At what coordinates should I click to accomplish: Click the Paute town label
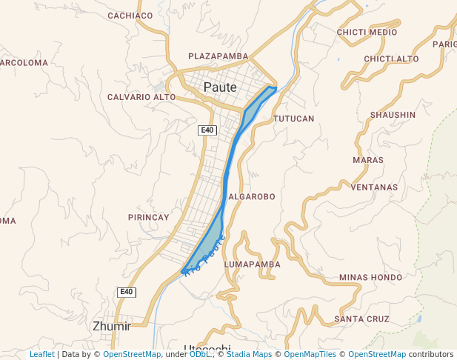point(220,87)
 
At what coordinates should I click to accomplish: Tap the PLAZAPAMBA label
point(218,56)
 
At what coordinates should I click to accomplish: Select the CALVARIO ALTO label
point(141,97)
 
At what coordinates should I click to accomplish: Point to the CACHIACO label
point(130,16)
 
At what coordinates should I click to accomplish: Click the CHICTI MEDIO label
point(367,33)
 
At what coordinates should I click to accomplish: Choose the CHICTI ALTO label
point(391,59)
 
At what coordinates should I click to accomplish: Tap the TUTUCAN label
point(294,119)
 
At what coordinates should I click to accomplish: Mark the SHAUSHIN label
point(393,115)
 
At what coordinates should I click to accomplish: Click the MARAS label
point(369,160)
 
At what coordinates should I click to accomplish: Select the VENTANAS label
point(374,187)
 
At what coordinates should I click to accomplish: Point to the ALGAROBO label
point(252,197)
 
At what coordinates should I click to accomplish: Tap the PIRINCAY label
point(149,217)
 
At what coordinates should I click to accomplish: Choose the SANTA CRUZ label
point(361,319)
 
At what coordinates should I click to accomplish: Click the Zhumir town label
point(112,326)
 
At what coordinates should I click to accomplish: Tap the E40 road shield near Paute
point(207,130)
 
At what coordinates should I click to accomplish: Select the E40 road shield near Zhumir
point(127,293)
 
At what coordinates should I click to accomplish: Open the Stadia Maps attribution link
point(249,355)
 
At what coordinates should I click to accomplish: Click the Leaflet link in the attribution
point(42,355)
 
